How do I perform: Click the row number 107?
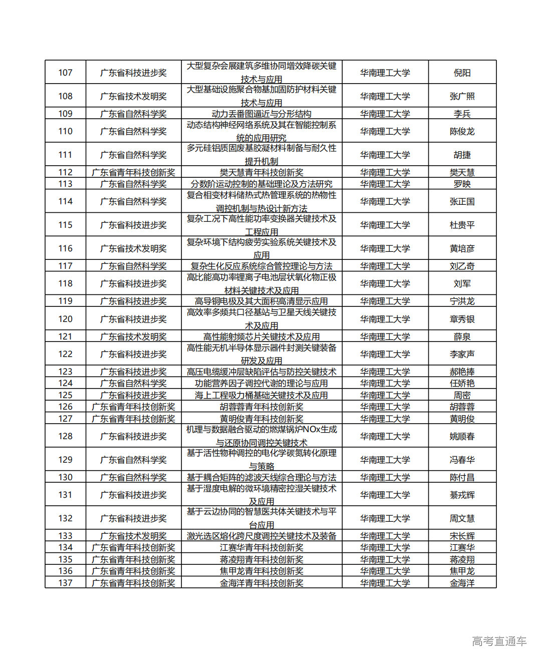pyautogui.click(x=65, y=73)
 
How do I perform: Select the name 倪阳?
pyautogui.click(x=462, y=73)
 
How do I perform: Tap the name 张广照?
pyautogui.click(x=462, y=96)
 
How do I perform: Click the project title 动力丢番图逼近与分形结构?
pyautogui.click(x=261, y=114)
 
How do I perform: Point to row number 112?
pyautogui.click(x=65, y=172)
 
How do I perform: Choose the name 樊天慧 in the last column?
pyautogui.click(x=462, y=172)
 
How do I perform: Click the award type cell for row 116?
pyautogui.click(x=133, y=248)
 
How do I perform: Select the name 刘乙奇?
pyautogui.click(x=462, y=266)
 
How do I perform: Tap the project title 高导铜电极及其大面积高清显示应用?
pyautogui.click(x=261, y=301)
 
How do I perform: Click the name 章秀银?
pyautogui.click(x=462, y=319)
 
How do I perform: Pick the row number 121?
pyautogui.click(x=65, y=337)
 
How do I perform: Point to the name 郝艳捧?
pyautogui.click(x=462, y=372)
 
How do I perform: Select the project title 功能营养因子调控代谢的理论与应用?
pyautogui.click(x=261, y=383)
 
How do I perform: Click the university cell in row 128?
pyautogui.click(x=385, y=436)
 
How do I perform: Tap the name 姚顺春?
pyautogui.click(x=462, y=436)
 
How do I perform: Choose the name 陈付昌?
pyautogui.click(x=462, y=477)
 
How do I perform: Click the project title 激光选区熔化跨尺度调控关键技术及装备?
pyautogui.click(x=261, y=536)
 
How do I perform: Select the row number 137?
pyautogui.click(x=65, y=583)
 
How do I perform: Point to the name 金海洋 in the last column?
pyautogui.click(x=462, y=583)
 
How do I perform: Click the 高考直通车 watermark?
pyautogui.click(x=499, y=641)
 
